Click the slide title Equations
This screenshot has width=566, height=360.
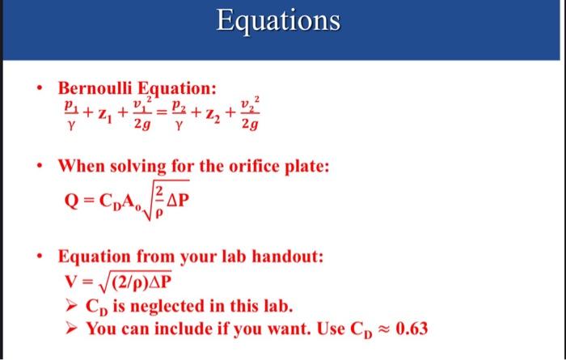pyautogui.click(x=277, y=22)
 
